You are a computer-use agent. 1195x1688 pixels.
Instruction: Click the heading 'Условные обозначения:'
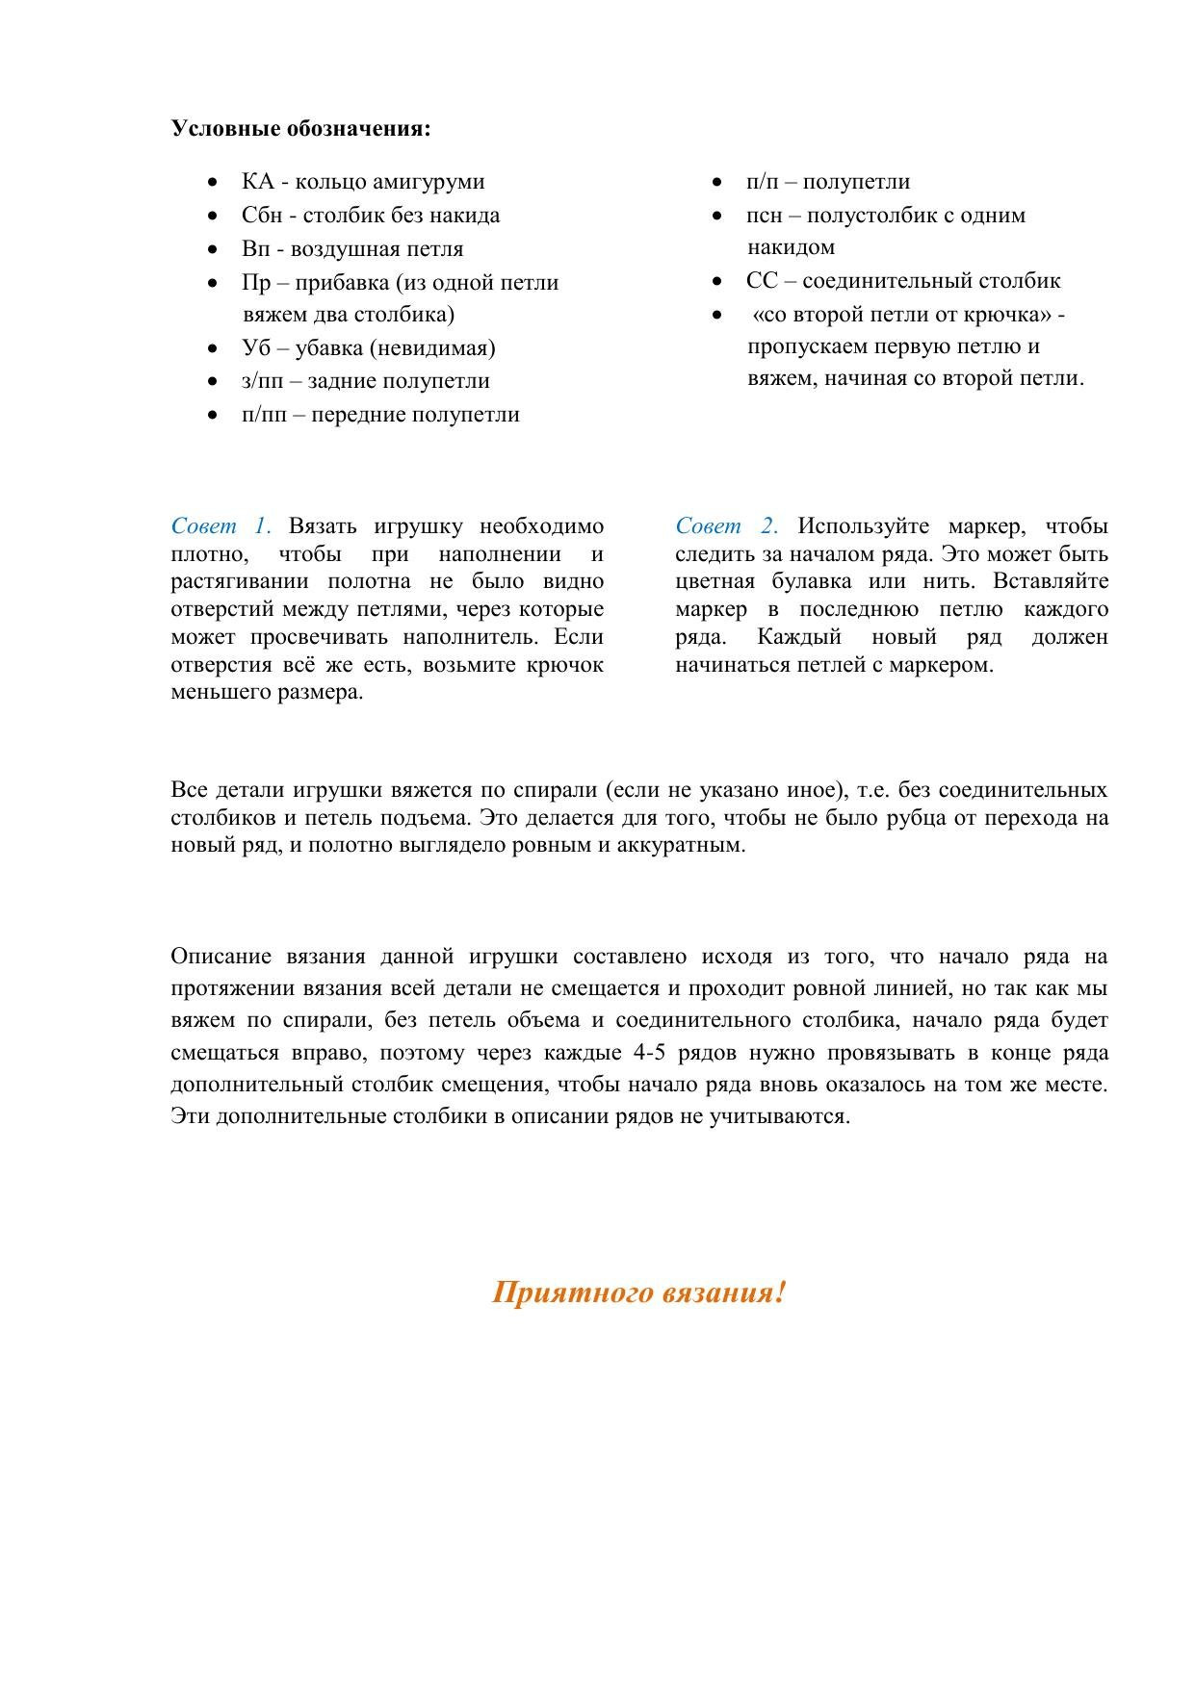(x=300, y=129)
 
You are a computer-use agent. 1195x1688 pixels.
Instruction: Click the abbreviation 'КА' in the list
(x=258, y=182)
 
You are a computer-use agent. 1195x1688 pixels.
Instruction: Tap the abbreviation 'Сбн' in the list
(x=262, y=216)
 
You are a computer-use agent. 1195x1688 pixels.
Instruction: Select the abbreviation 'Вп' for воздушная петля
(x=255, y=249)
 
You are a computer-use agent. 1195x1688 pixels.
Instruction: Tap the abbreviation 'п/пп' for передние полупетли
(x=264, y=415)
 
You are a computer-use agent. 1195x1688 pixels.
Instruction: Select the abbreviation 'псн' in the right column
(x=764, y=216)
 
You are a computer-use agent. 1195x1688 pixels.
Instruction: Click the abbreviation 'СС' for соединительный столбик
(x=762, y=281)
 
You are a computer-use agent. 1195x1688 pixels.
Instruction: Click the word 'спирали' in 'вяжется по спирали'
(x=556, y=790)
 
